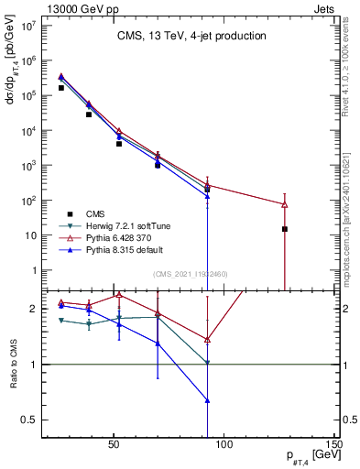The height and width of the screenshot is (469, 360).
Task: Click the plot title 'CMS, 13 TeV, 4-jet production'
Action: click(191, 37)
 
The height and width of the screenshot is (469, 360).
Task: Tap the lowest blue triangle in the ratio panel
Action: click(208, 400)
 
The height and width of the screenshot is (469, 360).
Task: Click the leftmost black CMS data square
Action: click(61, 88)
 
